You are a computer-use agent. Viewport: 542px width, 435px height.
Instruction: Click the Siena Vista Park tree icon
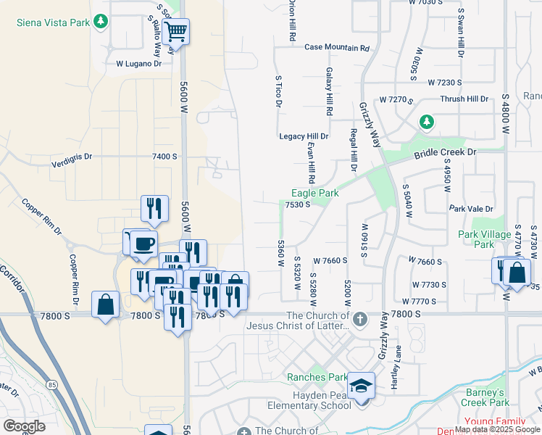tap(101, 22)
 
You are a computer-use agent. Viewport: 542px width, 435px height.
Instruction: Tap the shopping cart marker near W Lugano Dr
tap(175, 33)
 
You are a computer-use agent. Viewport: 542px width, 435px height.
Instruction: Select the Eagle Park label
tap(315, 193)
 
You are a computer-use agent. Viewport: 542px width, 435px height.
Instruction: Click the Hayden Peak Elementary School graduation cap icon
tap(361, 386)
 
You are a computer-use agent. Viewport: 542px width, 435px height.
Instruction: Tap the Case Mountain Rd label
tap(337, 48)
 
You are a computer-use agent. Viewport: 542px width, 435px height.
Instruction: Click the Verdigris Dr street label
tap(72, 156)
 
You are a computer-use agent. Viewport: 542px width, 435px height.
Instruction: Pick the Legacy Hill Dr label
tap(304, 136)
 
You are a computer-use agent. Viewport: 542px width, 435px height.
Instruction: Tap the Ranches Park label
tap(317, 377)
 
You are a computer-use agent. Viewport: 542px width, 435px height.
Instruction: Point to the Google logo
tap(25, 426)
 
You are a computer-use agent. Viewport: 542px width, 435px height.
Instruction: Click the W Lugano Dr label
tap(139, 64)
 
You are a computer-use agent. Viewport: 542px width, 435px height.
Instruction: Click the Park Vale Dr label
tap(471, 209)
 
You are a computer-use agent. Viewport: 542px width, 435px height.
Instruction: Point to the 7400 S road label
tap(164, 156)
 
